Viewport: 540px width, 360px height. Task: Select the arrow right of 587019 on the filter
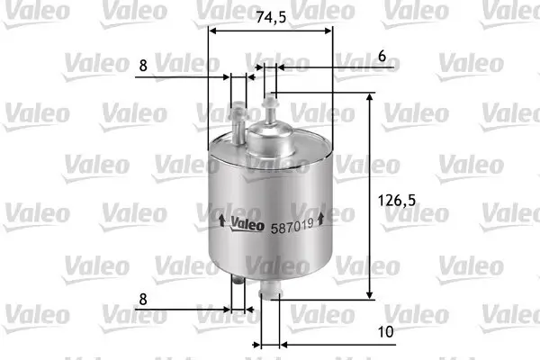321,217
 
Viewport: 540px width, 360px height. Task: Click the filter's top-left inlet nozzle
238,122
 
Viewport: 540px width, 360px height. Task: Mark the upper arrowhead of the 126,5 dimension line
370,98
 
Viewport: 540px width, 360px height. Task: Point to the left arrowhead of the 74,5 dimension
212,29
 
